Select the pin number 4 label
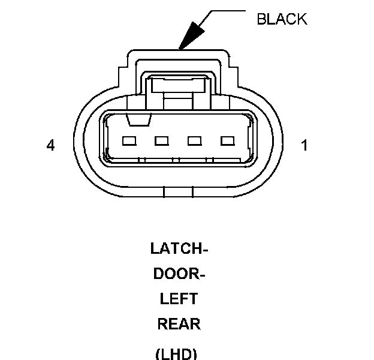[51, 145]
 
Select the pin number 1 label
[304, 145]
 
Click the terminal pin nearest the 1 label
[227, 142]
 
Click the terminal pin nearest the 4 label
[129, 142]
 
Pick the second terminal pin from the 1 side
[194, 142]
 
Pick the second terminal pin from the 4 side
[161, 142]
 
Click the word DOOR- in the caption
[179, 274]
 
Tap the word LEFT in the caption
[179, 299]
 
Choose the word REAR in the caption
[179, 324]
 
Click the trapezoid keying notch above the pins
[138, 121]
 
